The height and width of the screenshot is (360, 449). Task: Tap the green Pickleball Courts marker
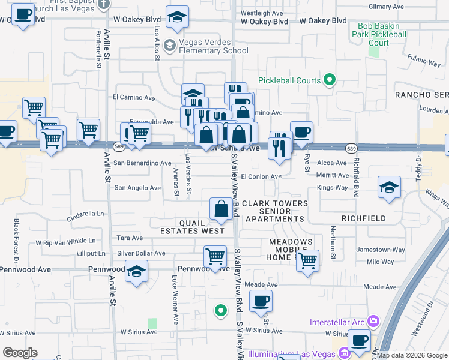(x=329, y=79)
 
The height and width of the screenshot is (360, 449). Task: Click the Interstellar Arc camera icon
(x=373, y=322)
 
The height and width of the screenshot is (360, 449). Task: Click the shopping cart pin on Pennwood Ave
(x=215, y=256)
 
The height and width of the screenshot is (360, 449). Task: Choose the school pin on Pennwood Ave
(x=136, y=271)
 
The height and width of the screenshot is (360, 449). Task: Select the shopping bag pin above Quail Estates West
(x=221, y=208)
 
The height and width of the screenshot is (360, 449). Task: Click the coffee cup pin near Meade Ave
(x=261, y=301)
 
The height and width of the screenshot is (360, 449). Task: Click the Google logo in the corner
(x=20, y=353)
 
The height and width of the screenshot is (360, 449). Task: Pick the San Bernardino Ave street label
(x=143, y=163)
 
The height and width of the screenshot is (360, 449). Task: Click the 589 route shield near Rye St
(x=353, y=147)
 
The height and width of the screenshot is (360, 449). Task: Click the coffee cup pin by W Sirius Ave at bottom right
(x=359, y=340)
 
